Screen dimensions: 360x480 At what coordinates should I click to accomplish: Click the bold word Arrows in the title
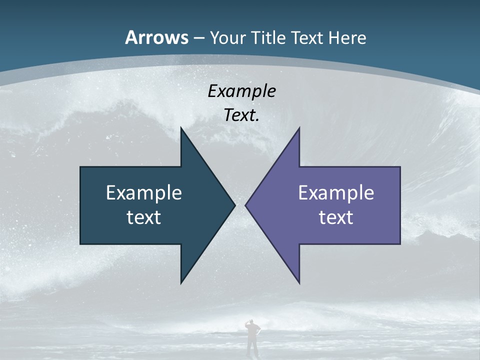(156, 37)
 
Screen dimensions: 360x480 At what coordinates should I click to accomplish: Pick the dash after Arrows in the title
(198, 38)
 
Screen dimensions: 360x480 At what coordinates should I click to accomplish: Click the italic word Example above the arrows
(241, 91)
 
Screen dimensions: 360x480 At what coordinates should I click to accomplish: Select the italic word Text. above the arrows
(241, 115)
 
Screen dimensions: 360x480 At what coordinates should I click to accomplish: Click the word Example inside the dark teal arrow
(144, 193)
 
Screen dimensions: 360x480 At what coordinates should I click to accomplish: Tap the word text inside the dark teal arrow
(144, 217)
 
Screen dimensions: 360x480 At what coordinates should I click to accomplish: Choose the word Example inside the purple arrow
(336, 193)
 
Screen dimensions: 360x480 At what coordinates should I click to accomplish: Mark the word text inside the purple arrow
(336, 217)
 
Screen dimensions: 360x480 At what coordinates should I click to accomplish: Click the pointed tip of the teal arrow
(234, 205)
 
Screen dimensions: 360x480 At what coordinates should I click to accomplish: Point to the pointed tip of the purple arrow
(246, 205)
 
